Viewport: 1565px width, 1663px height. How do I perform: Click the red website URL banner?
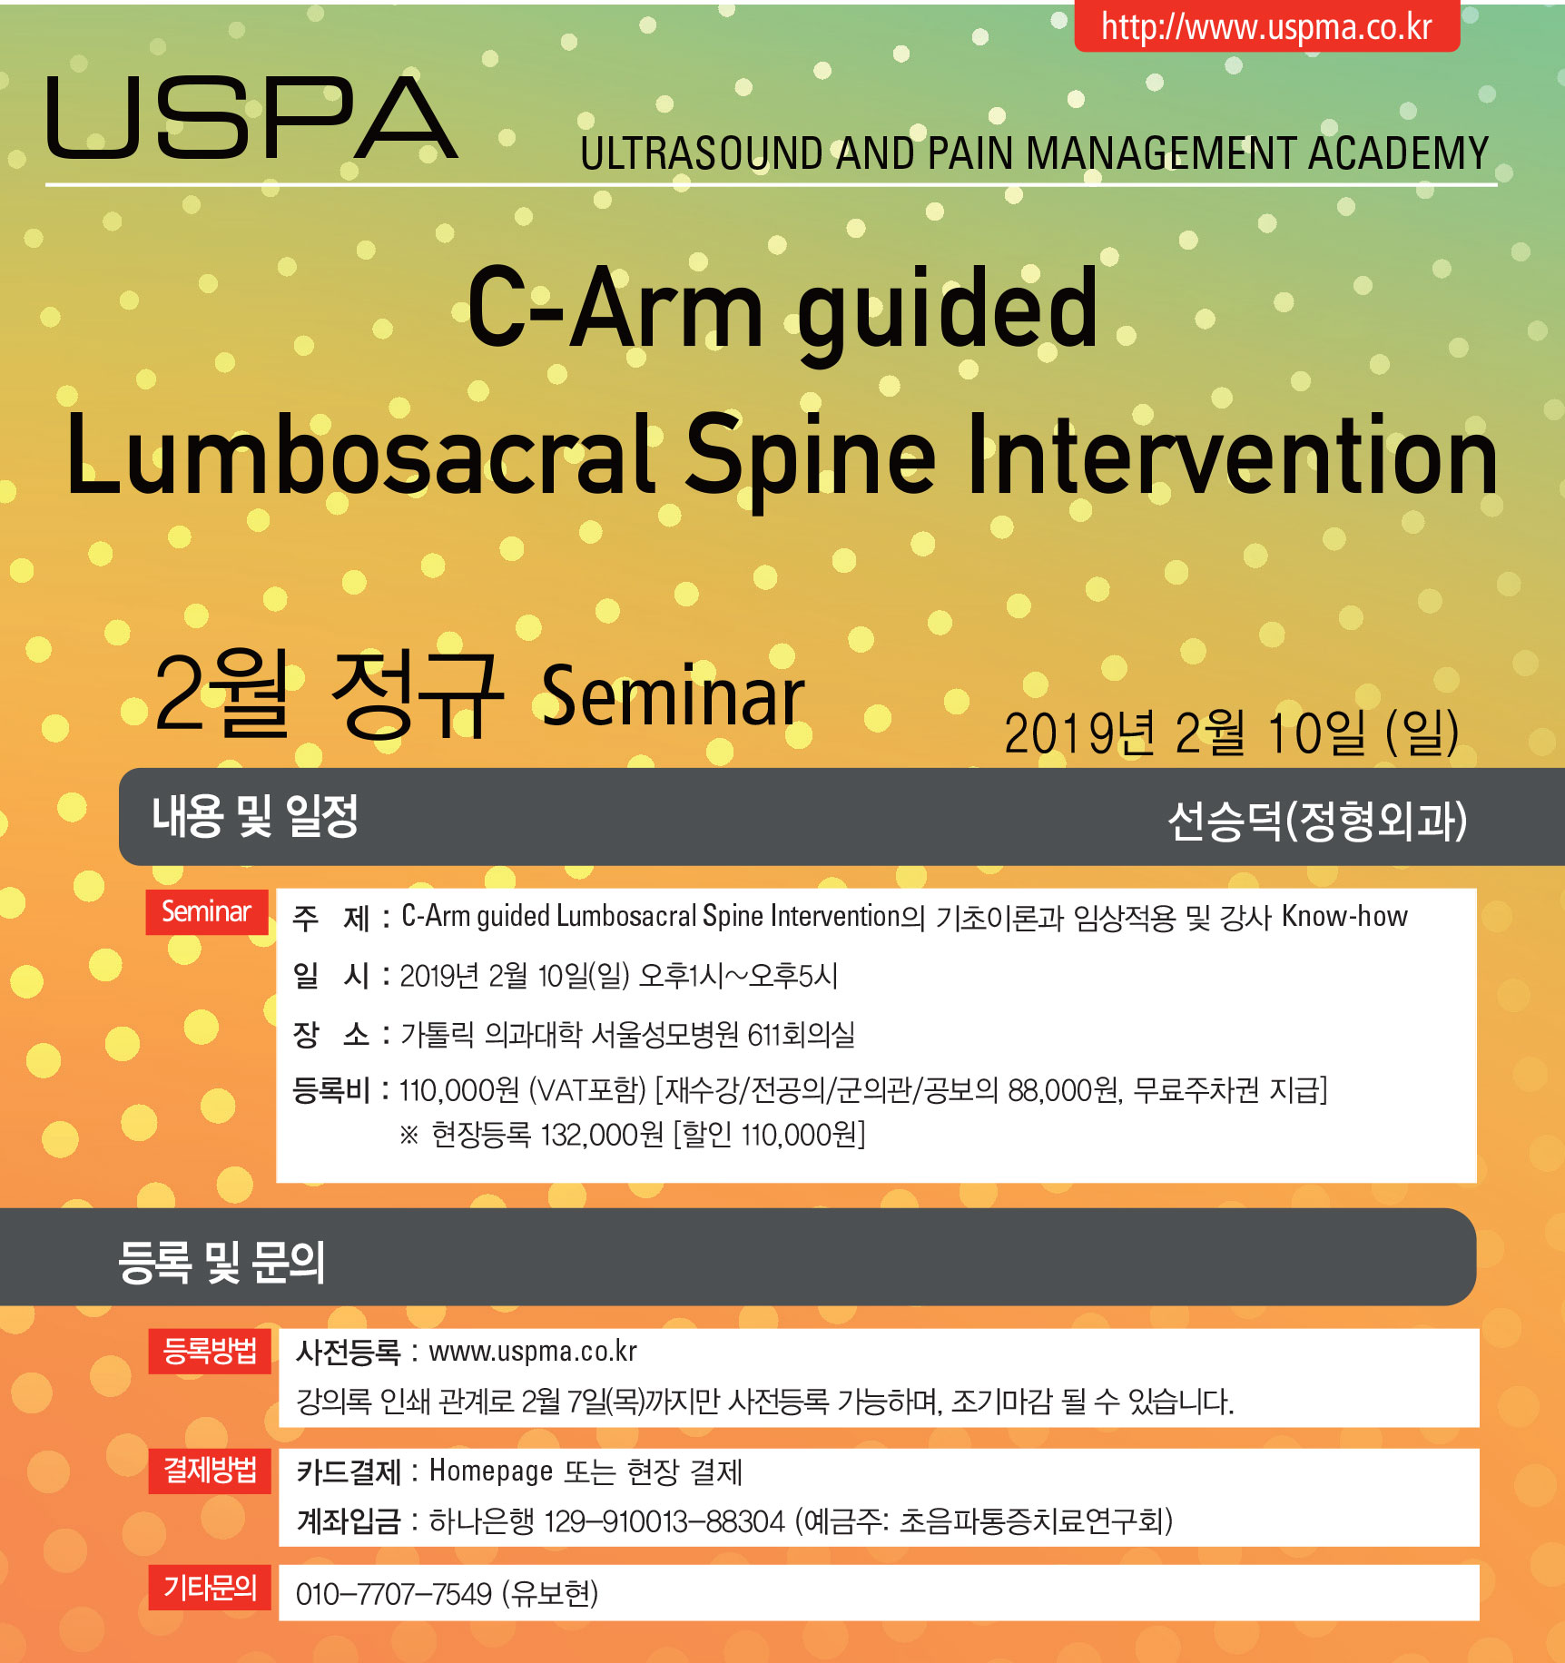click(1267, 25)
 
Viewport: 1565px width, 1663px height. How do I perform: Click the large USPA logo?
click(251, 117)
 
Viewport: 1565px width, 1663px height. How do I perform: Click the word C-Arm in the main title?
click(615, 309)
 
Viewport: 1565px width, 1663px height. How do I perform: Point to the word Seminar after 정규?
click(674, 696)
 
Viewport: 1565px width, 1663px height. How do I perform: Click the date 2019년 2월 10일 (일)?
click(1232, 733)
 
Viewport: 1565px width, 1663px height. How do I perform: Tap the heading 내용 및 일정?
click(255, 815)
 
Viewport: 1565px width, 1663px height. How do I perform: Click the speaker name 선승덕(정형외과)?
click(1317, 821)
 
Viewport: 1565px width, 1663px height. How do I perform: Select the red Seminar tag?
click(207, 911)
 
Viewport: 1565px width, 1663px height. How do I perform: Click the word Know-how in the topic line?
click(1344, 916)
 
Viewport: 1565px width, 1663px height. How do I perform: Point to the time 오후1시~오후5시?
click(738, 976)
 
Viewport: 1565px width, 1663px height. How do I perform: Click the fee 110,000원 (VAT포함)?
click(522, 1089)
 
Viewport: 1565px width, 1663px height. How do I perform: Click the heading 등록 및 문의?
click(221, 1261)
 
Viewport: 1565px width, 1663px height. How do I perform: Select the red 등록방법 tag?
click(210, 1351)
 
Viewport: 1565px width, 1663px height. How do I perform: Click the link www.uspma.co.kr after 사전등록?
click(533, 1352)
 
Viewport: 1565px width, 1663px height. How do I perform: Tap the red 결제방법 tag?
click(210, 1471)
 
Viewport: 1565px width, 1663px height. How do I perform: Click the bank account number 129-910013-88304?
click(664, 1521)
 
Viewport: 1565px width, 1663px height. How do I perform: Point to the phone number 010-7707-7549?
click(394, 1594)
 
